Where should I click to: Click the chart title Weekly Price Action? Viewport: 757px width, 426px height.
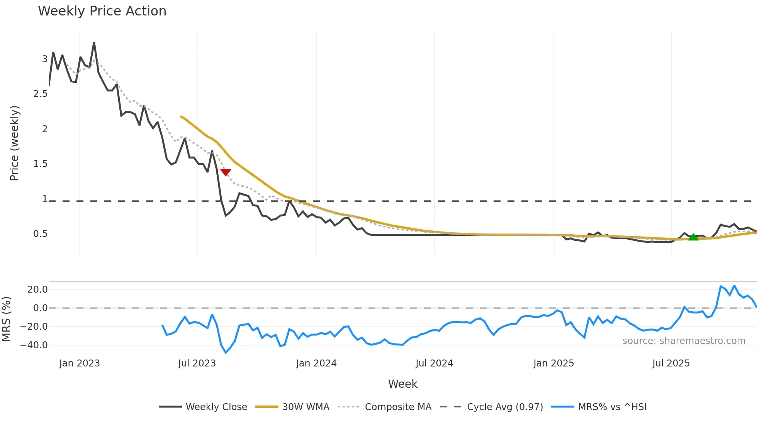coord(102,11)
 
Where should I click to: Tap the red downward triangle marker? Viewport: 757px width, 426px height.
coord(226,172)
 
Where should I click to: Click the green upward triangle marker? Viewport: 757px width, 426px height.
coord(693,237)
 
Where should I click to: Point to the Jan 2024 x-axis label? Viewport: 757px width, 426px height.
coord(316,363)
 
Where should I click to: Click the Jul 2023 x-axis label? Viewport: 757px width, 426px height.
coord(197,363)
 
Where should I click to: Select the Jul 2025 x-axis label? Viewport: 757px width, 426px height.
coord(670,363)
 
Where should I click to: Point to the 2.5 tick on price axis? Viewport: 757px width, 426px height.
coord(41,94)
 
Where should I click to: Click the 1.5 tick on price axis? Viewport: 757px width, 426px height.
coord(41,164)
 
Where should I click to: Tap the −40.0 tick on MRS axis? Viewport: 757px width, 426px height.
coord(34,345)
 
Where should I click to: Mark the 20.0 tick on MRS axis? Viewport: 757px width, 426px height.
coord(37,290)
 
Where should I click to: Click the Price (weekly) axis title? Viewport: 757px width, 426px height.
coord(14,143)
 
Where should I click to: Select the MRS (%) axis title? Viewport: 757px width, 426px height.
coord(6,319)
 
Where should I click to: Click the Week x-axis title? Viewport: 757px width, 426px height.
coord(402,384)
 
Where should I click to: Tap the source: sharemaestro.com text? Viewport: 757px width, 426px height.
coord(684,341)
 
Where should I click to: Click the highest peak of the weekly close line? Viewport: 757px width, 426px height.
coord(94,43)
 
